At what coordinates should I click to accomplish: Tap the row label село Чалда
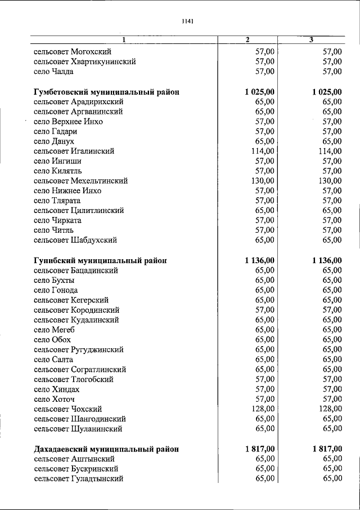(53, 72)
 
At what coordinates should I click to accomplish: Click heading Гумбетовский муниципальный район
(106, 92)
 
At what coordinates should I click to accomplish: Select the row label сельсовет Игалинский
(74, 151)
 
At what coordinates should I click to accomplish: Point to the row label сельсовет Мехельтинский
(80, 181)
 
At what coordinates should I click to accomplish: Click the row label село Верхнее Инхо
(68, 122)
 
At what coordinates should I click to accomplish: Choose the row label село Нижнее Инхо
(67, 191)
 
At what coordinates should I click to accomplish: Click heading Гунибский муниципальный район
(100, 260)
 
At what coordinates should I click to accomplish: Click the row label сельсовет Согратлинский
(79, 369)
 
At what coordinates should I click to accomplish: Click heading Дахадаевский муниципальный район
(106, 449)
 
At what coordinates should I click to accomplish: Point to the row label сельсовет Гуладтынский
(78, 479)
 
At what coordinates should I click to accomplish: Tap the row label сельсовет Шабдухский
(75, 240)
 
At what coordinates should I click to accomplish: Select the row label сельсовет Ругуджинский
(78, 349)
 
